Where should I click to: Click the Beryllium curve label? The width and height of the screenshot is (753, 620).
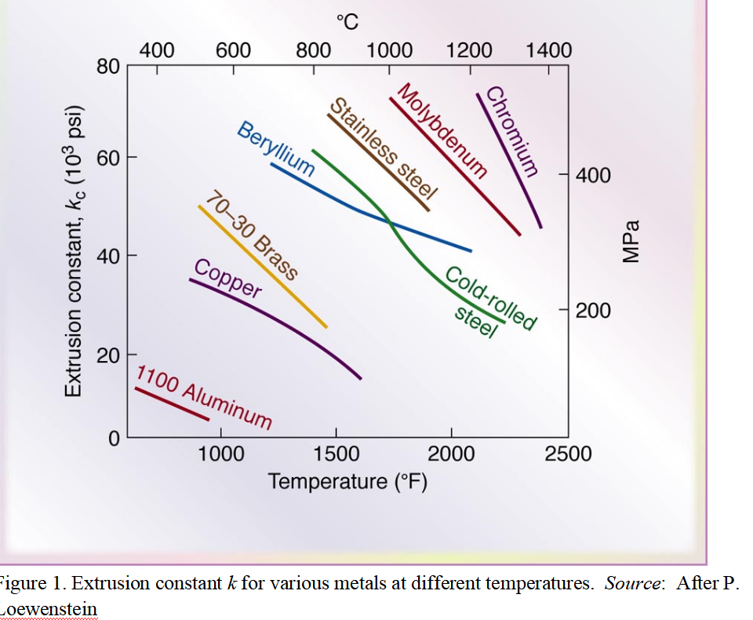pyautogui.click(x=275, y=149)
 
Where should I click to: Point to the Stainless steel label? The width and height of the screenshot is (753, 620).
pyautogui.click(x=383, y=149)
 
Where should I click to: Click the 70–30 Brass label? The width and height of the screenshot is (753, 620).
pyautogui.click(x=253, y=235)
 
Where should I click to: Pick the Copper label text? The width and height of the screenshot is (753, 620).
pyautogui.click(x=227, y=278)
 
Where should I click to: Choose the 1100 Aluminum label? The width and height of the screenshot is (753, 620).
pyautogui.click(x=205, y=397)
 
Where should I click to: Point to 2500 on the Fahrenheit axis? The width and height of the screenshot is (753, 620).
pyautogui.click(x=568, y=454)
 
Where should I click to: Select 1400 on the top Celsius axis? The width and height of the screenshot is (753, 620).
pyautogui.click(x=548, y=51)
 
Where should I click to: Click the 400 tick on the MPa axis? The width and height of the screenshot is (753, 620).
pyautogui.click(x=593, y=174)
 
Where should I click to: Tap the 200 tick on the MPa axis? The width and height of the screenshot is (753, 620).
pyautogui.click(x=593, y=311)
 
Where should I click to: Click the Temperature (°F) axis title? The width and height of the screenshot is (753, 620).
pyautogui.click(x=347, y=480)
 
